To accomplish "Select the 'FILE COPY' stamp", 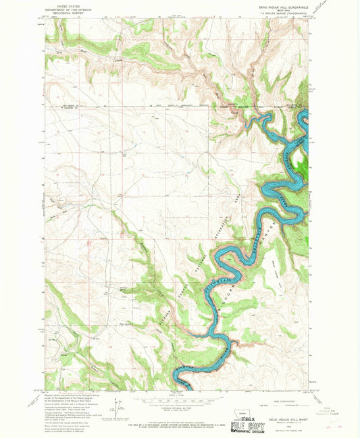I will [244, 427].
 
